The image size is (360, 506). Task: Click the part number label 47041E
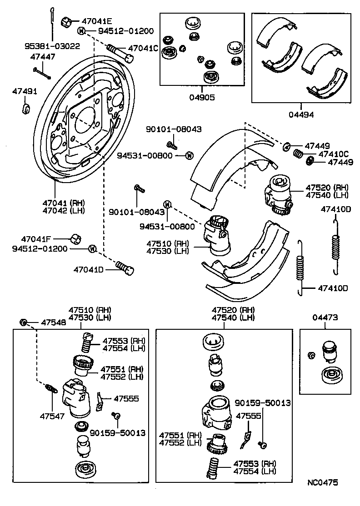pyautogui.click(x=97, y=21)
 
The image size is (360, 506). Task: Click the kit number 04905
pyautogui.click(x=202, y=97)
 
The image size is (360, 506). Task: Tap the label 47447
pyautogui.click(x=43, y=57)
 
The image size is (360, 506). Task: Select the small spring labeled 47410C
pyautogui.click(x=297, y=154)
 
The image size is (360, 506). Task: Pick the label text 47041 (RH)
pyautogui.click(x=63, y=203)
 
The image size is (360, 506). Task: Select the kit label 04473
pyautogui.click(x=325, y=318)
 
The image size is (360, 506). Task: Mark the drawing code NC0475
pyautogui.click(x=322, y=483)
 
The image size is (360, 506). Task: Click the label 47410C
pyautogui.click(x=333, y=154)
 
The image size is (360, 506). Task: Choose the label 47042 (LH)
pyautogui.click(x=63, y=210)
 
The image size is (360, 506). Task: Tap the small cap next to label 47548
pyautogui.click(x=24, y=322)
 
